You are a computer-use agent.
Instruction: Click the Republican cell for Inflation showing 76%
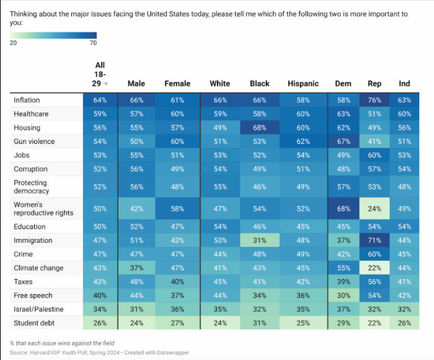374,100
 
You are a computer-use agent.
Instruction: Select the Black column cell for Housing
260,127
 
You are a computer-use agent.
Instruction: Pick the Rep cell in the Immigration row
374,241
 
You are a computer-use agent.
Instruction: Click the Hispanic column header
303,84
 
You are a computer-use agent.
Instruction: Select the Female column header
177,84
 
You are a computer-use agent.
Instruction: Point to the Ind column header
404,84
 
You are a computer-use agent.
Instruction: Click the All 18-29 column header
100,74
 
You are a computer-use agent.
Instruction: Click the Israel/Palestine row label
38,309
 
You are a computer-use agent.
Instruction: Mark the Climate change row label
38,268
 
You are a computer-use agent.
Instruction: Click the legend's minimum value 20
13,43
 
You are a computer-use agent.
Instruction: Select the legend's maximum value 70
93,43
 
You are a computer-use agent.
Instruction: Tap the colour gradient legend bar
53,35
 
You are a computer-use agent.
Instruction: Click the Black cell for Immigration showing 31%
260,241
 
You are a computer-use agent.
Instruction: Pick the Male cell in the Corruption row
136,169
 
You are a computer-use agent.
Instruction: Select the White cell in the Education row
220,227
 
